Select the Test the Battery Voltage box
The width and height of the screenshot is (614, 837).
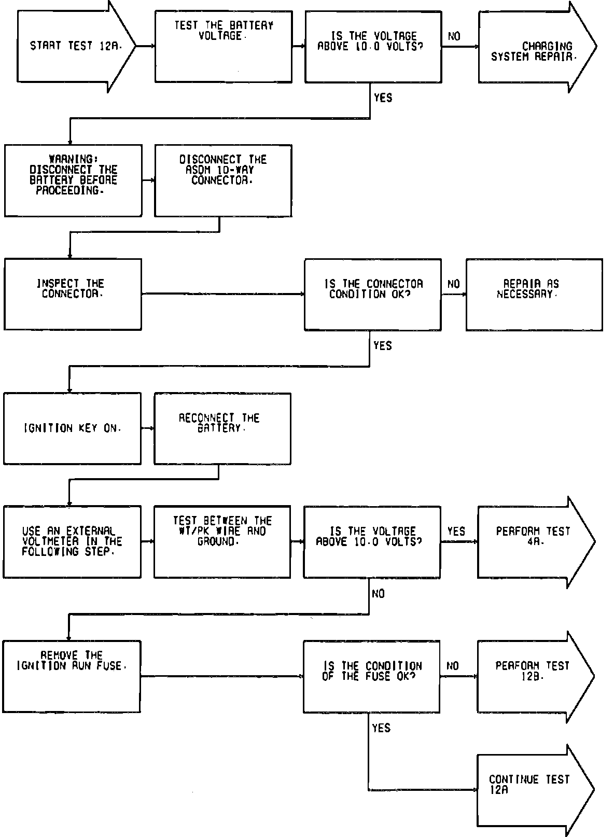pos(223,46)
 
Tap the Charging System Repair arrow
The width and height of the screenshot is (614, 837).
pos(534,51)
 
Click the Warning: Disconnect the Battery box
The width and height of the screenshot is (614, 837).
pos(73,180)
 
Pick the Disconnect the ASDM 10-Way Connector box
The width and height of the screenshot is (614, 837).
pos(223,180)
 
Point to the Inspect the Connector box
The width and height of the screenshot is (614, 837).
pos(73,294)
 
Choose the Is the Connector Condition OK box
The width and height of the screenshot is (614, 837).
pos(372,294)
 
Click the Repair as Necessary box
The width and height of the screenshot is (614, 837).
pos(534,294)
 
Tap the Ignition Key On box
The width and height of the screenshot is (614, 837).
pos(72,428)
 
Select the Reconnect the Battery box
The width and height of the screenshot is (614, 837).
pos(222,428)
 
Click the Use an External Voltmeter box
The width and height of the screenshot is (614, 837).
pos(72,541)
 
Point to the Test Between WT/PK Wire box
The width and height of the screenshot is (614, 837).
pos(222,541)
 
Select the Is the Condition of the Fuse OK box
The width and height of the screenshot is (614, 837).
pos(371,676)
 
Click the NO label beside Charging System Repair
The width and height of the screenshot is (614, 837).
pos(454,36)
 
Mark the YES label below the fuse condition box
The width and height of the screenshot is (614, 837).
pos(381,728)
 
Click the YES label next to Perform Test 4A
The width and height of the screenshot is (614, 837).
pos(456,532)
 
